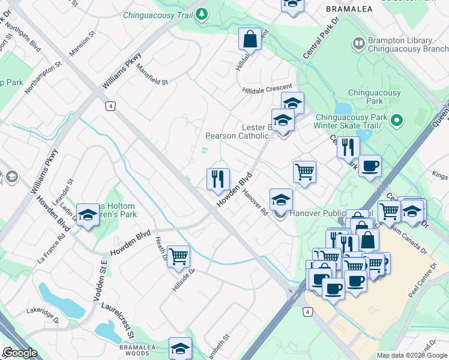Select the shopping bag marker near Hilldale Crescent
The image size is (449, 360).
[x=250, y=40]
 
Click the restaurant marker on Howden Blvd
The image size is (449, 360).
[x=218, y=179]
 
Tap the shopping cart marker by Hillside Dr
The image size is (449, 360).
[x=178, y=257]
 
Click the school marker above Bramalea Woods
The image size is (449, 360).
[x=179, y=349]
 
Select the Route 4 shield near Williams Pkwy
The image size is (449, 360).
[x=109, y=106]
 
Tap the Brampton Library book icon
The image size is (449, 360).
[x=358, y=43]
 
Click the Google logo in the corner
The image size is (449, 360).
[x=20, y=352]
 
